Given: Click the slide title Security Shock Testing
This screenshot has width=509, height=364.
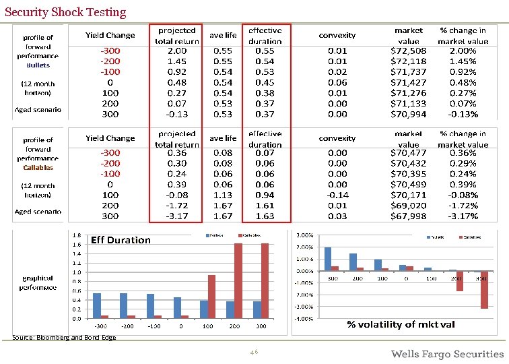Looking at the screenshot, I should pyautogui.click(x=65, y=12).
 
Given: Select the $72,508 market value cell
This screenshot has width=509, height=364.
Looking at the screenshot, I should pyautogui.click(x=409, y=51).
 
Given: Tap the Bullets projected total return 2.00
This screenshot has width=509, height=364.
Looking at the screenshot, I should pyautogui.click(x=177, y=51).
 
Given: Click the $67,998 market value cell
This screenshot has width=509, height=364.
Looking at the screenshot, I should pyautogui.click(x=409, y=216).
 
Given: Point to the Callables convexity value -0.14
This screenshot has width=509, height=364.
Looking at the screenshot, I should pyautogui.click(x=337, y=195).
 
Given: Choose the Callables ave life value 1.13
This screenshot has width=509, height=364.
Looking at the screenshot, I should pyautogui.click(x=223, y=195).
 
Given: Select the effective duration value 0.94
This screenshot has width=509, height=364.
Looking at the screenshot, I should pyautogui.click(x=265, y=195).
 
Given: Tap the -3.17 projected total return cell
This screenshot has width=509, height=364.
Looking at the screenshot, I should pyautogui.click(x=177, y=216).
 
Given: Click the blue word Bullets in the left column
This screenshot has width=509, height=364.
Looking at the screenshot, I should pyautogui.click(x=38, y=65).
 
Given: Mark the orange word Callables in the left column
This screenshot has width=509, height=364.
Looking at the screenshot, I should pyautogui.click(x=38, y=167).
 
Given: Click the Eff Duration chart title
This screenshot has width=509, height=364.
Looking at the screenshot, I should pyautogui.click(x=121, y=240).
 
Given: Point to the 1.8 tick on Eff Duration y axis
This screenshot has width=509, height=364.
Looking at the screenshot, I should pyautogui.click(x=77, y=235).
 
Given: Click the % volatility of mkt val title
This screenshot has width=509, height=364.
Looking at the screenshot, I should pyautogui.click(x=401, y=324).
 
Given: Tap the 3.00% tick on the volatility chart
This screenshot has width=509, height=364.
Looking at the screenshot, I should pyautogui.click(x=305, y=235).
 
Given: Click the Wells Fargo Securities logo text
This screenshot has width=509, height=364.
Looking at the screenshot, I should pyautogui.click(x=447, y=354).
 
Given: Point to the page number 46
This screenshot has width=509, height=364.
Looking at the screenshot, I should pyautogui.click(x=254, y=353).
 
